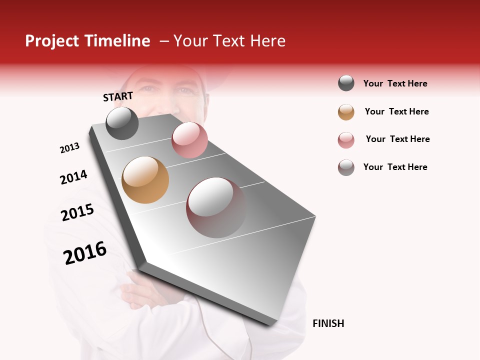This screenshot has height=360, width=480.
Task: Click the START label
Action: [x=118, y=96]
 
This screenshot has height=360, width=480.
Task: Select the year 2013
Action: [x=69, y=147]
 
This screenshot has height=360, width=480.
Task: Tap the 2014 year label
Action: [x=73, y=177]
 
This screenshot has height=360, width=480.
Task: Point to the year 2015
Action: [x=77, y=212]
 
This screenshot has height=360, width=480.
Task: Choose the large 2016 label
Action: [x=85, y=253]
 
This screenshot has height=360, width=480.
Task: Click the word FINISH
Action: [x=328, y=323]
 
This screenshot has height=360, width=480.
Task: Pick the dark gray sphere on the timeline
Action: [x=122, y=123]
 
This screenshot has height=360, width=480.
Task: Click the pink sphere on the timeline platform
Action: [x=189, y=140]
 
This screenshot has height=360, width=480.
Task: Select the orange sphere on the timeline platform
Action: [x=145, y=180]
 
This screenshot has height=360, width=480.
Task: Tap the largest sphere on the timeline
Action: [x=216, y=207]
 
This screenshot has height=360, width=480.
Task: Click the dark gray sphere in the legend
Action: [x=346, y=83]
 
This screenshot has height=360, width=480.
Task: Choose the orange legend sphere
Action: [x=346, y=112]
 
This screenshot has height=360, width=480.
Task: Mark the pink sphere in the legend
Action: [x=346, y=140]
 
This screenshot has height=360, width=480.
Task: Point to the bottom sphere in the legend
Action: [x=346, y=167]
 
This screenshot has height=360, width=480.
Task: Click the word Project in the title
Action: [x=52, y=41]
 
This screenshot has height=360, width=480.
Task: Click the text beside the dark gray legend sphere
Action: [x=395, y=83]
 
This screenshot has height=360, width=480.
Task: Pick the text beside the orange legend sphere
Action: [x=396, y=111]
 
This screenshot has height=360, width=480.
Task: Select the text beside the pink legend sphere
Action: [x=397, y=139]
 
